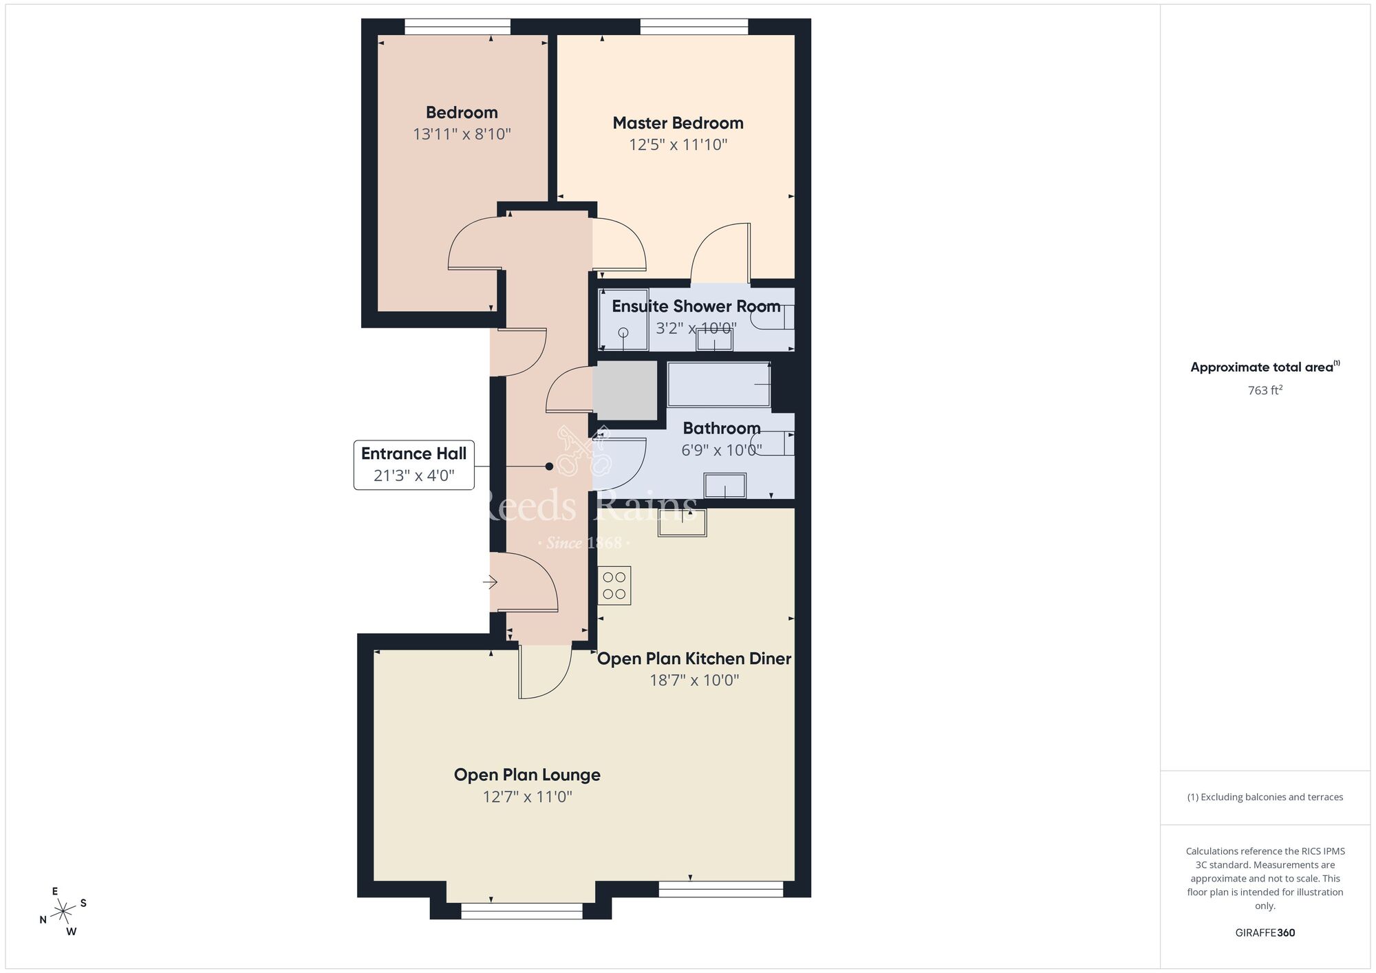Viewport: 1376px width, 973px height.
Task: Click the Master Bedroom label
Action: (x=678, y=123)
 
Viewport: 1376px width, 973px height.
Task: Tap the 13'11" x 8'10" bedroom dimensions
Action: (x=462, y=134)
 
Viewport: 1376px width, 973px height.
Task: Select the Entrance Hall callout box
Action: (x=413, y=464)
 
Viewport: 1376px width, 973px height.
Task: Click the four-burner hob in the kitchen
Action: (x=614, y=586)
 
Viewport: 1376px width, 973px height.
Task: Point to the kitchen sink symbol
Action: (x=682, y=522)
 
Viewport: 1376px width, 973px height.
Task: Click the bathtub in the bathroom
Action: (x=718, y=384)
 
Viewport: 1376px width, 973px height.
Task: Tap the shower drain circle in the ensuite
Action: (x=623, y=333)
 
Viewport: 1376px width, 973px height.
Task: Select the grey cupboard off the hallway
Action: (x=625, y=390)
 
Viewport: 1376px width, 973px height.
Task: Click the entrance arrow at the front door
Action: (x=490, y=583)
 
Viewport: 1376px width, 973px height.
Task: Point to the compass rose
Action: (x=63, y=912)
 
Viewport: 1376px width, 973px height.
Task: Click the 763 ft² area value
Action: (x=1265, y=390)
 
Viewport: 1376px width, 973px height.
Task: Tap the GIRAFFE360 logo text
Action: (x=1265, y=933)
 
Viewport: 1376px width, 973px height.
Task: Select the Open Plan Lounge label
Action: (x=527, y=775)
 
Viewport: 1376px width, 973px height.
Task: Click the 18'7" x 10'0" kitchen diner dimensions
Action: (x=694, y=681)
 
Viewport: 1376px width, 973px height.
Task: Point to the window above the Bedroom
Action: (x=458, y=27)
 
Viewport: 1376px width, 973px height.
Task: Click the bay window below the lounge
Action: (x=522, y=911)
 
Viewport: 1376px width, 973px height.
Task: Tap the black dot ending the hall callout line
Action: (x=549, y=467)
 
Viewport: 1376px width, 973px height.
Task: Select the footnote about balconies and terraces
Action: (x=1265, y=797)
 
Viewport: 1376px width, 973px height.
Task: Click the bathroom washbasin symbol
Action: (x=724, y=486)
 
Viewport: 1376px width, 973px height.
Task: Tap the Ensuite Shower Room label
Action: (x=696, y=306)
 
